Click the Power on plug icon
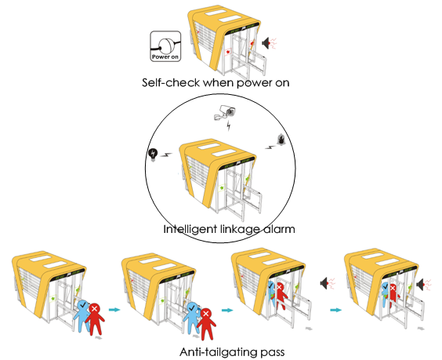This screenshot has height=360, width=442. tap(165, 46)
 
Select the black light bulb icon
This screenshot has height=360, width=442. tap(153, 155)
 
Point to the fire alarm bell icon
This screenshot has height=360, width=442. tap(281, 140)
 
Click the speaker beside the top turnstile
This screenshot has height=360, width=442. tap(266, 43)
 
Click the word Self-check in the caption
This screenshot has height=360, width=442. tap(171, 82)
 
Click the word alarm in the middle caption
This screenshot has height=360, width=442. tap(279, 229)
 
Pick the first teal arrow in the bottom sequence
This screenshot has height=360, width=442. tap(114, 310)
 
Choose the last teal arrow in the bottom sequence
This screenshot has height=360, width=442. tap(335, 310)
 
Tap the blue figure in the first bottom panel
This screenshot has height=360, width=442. tap(82, 315)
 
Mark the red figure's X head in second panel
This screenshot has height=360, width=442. tap(206, 314)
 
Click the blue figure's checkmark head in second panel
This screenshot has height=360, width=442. tap(193, 308)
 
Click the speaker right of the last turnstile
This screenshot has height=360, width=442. tap(420, 284)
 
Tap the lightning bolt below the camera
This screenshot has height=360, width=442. tap(229, 125)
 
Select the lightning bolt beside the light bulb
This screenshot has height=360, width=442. tap(166, 155)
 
